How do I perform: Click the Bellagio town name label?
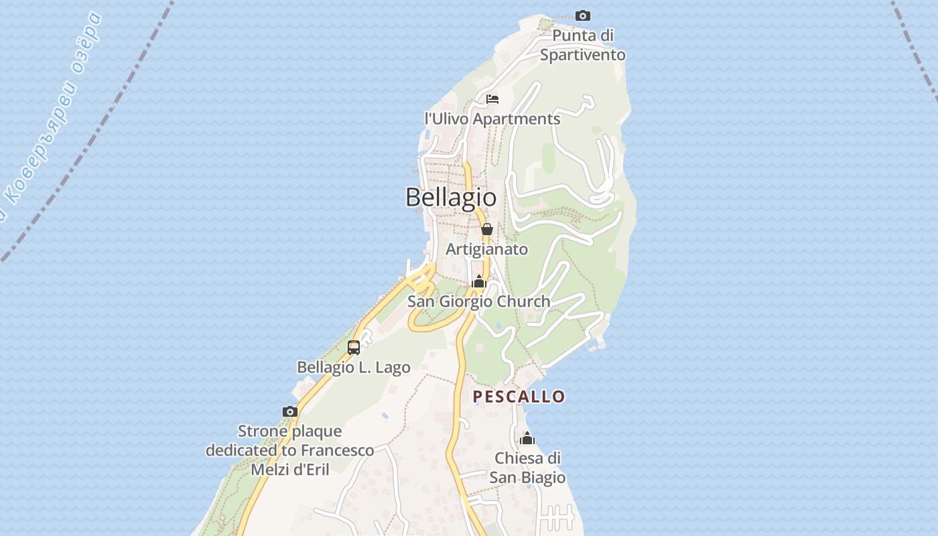pos(451,197)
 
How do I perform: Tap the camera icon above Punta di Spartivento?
pos(583,15)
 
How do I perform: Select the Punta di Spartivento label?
pos(583,45)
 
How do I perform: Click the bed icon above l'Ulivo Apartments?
pos(492,99)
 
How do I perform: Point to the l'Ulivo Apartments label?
pos(492,119)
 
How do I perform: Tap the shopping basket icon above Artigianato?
pos(487,229)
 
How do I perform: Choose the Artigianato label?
pos(487,249)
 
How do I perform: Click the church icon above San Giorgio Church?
pos(478,282)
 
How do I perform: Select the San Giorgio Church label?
pos(479,301)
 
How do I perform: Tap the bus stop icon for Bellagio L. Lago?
pos(354,348)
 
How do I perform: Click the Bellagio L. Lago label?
pos(354,367)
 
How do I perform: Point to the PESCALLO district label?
pos(519,397)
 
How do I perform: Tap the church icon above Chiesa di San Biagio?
pos(527,439)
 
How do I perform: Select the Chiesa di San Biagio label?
pos(527,468)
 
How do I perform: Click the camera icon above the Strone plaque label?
pos(290,411)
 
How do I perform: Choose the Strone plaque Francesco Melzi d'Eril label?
pos(290,450)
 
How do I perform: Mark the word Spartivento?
pos(583,55)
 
